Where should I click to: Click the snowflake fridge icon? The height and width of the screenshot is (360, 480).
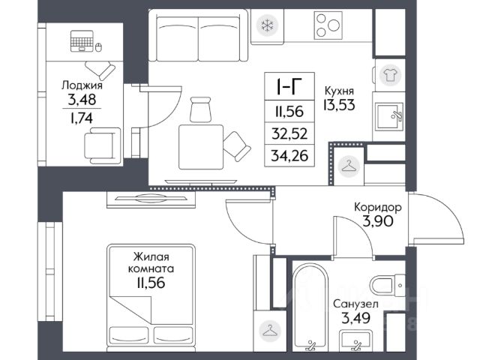[267, 25]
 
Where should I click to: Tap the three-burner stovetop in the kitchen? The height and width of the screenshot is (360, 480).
[328, 25]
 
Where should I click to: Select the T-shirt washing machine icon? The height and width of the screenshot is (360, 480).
[390, 75]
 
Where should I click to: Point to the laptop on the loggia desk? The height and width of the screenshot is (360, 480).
[82, 41]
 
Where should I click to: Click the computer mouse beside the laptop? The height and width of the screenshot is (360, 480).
[98, 47]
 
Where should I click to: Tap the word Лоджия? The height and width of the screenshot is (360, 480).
[82, 85]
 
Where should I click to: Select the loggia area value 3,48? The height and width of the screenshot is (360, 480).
[82, 100]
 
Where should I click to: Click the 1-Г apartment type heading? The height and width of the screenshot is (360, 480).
[289, 87]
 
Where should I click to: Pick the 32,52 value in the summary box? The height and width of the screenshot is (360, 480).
[289, 133]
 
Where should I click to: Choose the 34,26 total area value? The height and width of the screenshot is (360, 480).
[289, 156]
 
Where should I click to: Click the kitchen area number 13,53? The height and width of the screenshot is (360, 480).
[339, 105]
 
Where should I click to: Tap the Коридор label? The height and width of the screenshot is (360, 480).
[378, 208]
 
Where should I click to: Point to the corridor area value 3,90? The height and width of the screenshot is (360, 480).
[378, 221]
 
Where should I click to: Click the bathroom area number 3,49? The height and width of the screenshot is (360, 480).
[355, 318]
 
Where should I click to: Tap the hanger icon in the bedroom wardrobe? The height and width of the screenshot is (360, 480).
[270, 331]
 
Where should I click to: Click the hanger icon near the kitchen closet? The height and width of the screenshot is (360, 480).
[349, 166]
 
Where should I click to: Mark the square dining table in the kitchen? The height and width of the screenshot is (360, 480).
[201, 147]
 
